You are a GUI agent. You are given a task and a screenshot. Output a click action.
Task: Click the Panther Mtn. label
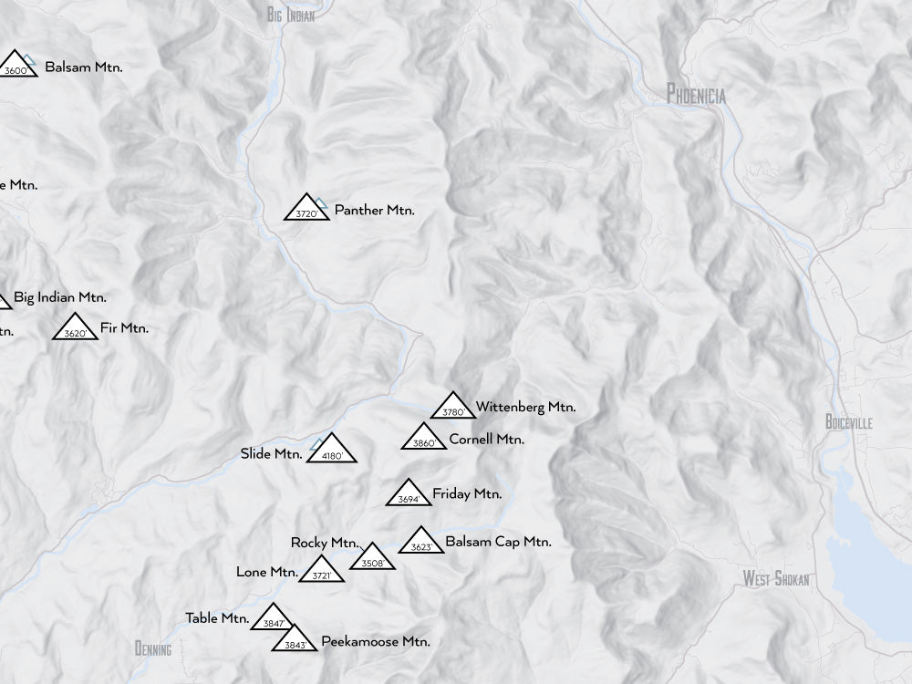tap(374, 210)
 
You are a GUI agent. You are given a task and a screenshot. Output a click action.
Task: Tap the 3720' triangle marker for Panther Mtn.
tap(306, 209)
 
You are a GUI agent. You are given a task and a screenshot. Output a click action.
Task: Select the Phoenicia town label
tap(696, 94)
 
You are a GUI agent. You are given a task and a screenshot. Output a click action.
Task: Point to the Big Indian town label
tap(291, 15)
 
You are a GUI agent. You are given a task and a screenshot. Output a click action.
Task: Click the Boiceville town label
tap(848, 422)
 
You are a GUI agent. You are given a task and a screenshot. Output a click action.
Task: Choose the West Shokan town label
tap(775, 578)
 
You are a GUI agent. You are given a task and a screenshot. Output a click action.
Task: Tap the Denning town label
tap(152, 649)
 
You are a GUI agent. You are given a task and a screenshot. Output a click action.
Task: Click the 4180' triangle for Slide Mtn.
tap(330, 450)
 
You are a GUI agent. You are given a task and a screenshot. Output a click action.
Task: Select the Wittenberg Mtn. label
tap(525, 408)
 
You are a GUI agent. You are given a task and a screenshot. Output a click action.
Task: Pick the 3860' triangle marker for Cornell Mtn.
tap(424, 439)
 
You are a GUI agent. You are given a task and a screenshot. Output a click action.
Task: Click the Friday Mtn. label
tap(467, 494)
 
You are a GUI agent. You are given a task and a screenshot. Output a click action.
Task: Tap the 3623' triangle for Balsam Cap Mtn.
tap(421, 543)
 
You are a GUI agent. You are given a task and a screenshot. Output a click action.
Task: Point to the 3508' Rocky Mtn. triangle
tap(372, 558)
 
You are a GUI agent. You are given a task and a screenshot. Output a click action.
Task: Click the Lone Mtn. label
tap(266, 573)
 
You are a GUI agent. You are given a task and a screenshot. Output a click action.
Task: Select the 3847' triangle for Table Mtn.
tap(273, 619)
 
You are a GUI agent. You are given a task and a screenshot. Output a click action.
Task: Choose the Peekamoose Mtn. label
tap(375, 642)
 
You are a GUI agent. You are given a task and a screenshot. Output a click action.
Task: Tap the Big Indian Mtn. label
tap(60, 297)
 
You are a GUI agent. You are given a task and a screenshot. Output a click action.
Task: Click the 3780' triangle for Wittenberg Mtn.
tap(453, 408)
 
